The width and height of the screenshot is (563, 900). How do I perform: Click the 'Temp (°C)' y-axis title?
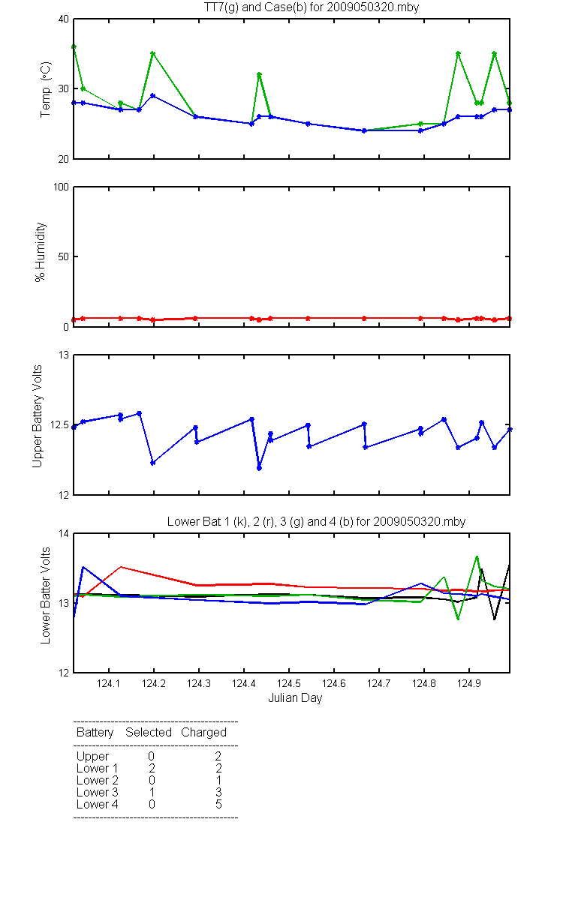click(46, 89)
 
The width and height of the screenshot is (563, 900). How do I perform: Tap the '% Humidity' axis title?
click(41, 252)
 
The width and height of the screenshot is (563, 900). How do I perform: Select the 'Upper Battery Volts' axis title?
click(38, 416)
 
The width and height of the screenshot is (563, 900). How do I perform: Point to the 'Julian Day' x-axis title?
click(295, 698)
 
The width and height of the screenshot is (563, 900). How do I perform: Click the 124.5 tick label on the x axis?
click(289, 683)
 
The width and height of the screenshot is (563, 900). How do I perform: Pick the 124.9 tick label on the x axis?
click(469, 683)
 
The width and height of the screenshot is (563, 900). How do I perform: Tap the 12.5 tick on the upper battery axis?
click(59, 424)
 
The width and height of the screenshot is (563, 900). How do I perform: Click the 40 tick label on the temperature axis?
click(64, 19)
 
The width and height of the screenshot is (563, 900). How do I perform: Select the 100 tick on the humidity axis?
click(61, 187)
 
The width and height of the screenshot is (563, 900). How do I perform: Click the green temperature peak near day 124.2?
click(153, 53)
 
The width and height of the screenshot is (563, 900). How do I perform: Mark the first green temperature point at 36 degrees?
click(74, 47)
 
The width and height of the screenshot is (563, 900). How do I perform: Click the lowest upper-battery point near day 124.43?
click(260, 468)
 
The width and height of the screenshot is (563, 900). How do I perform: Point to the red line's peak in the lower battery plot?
click(121, 567)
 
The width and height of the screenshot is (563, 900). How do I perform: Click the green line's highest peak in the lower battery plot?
click(477, 556)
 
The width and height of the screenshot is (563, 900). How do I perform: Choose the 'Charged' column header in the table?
click(203, 732)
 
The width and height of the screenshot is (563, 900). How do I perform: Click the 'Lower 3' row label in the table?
click(98, 792)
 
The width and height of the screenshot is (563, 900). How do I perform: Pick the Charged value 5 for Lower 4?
click(218, 804)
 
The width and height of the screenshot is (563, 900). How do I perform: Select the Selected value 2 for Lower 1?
click(152, 768)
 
